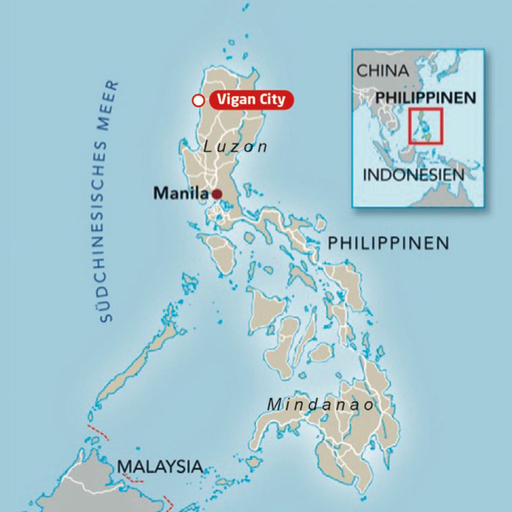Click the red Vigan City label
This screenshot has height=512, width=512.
pos(251,100)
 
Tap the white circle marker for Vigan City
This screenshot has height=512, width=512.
pos(198,101)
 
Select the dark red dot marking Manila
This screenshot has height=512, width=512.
pos(217,194)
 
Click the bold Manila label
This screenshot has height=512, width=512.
pos(180,193)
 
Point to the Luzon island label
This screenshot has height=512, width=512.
pos(236,147)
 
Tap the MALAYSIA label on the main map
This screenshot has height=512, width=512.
pos(160,466)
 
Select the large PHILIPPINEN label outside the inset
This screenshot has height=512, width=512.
pos(389,244)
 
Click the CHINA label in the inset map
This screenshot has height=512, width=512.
pos(382,71)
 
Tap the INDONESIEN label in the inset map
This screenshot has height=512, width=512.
pos(414,174)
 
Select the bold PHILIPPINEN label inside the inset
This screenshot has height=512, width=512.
pos(426,98)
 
